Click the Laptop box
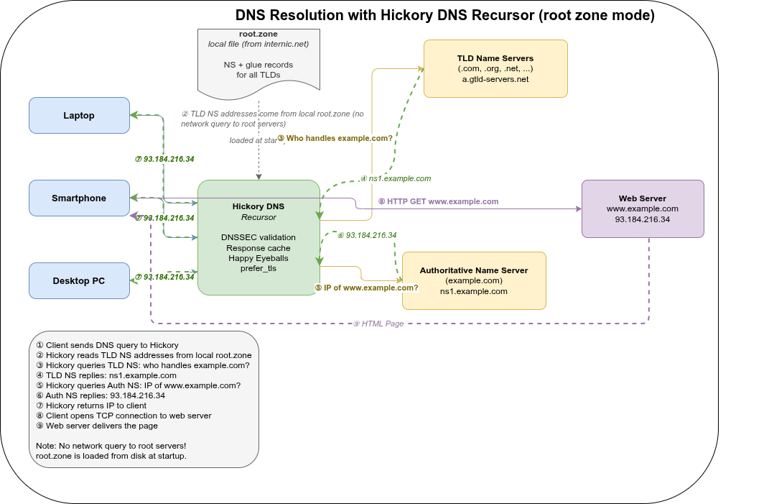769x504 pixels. click(79, 116)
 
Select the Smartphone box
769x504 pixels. click(79, 198)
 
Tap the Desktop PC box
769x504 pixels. click(79, 281)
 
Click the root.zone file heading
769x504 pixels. click(258, 34)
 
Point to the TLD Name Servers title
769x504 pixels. click(495, 58)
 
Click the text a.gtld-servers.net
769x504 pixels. click(495, 79)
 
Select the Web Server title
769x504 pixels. click(642, 198)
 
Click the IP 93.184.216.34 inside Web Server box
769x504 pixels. click(642, 219)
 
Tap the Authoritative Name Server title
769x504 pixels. click(474, 270)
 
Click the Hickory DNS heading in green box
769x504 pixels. click(258, 206)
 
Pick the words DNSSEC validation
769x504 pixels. click(258, 237)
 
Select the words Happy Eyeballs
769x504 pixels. click(258, 258)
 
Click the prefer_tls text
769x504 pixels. click(258, 268)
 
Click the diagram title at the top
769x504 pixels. click(445, 16)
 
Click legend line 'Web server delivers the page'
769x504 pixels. click(101, 426)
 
